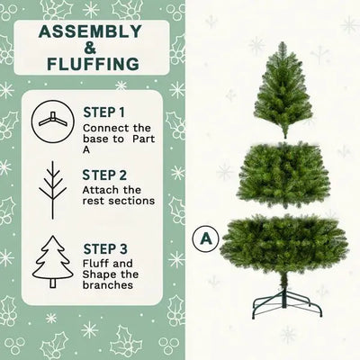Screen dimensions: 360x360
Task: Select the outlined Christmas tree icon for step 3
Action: coord(53,260)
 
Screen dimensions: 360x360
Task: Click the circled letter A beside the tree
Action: coord(207,240)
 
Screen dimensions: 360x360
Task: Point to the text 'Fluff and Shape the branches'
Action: coord(112,274)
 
